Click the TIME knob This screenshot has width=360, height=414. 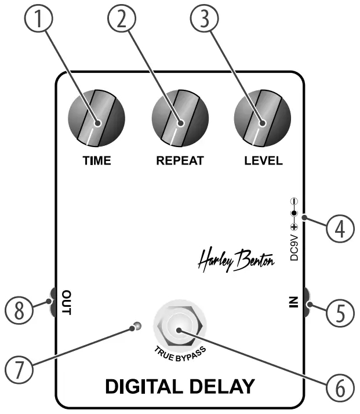click(x=97, y=123)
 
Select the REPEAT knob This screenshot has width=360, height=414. click(x=180, y=123)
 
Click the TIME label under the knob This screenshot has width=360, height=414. click(x=97, y=161)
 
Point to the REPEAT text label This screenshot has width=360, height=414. click(x=180, y=161)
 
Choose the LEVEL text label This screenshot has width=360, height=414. click(x=263, y=161)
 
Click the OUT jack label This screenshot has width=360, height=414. click(x=66, y=302)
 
